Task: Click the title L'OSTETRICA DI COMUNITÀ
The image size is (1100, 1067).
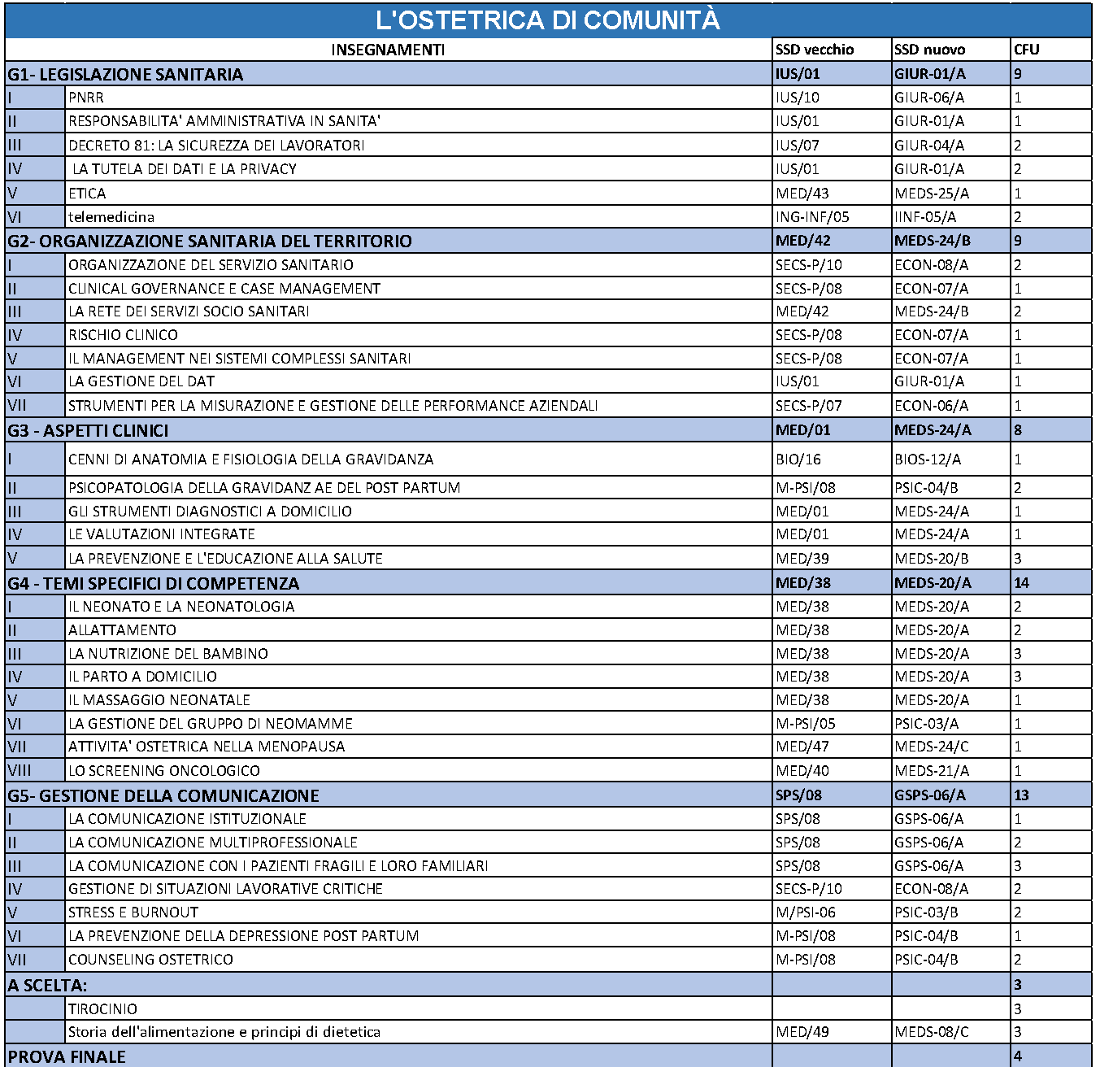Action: point(548,20)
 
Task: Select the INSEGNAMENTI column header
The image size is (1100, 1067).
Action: point(388,50)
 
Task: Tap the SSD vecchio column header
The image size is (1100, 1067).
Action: point(814,50)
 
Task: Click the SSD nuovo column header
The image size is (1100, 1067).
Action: point(929,50)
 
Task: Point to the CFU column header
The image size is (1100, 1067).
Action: point(1026,50)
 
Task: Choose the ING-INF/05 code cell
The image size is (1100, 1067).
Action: point(811,217)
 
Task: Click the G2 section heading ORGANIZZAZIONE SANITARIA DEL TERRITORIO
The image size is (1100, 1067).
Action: point(210,241)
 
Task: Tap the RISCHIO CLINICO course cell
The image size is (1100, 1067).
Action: point(123,335)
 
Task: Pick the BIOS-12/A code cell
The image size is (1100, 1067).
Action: point(927,459)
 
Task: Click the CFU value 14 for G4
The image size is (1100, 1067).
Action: point(1021,583)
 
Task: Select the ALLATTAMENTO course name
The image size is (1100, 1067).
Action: point(122,630)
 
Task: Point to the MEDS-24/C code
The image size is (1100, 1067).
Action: point(931,747)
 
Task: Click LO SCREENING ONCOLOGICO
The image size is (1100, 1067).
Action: point(164,771)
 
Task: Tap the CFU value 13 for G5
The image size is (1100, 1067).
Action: point(1021,795)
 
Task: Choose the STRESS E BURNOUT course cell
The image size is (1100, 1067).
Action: point(133,912)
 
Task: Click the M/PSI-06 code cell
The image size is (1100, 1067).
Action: point(805,912)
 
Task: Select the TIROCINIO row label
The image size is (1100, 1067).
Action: point(102,1009)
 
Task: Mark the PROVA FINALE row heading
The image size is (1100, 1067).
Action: point(67,1056)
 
